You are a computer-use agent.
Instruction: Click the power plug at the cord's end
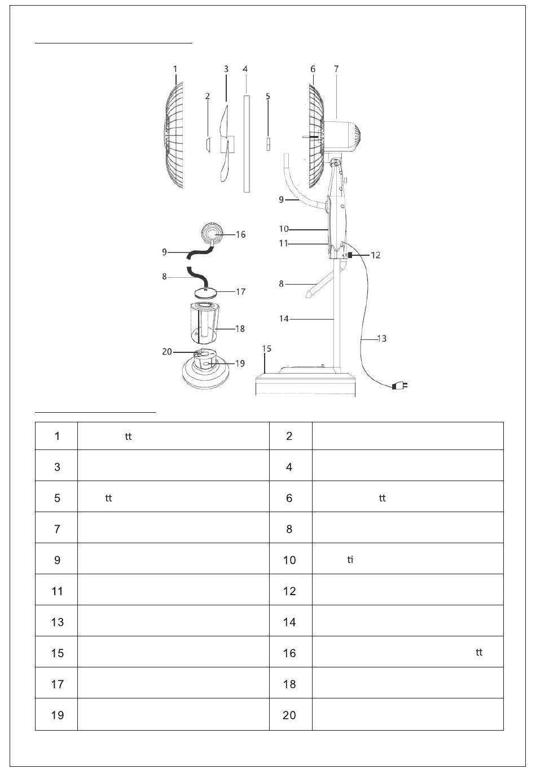(x=400, y=385)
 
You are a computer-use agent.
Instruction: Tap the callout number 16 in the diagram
(x=240, y=235)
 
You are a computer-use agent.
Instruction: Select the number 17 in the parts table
(x=57, y=684)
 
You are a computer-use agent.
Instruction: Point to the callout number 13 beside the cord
(x=382, y=339)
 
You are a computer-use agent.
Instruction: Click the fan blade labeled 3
(x=225, y=143)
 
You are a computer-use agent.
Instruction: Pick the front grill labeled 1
(x=173, y=136)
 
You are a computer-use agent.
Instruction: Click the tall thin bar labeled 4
(x=246, y=144)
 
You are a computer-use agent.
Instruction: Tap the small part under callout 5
(x=267, y=144)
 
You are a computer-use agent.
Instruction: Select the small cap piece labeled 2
(x=208, y=144)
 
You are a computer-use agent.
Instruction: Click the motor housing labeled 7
(x=341, y=136)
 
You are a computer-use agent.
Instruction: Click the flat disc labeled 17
(x=206, y=293)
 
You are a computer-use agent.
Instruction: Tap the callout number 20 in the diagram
(x=167, y=352)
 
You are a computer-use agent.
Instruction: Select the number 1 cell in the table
(x=56, y=436)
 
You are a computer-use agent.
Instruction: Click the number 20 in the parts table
(x=289, y=715)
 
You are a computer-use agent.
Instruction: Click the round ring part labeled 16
(x=212, y=234)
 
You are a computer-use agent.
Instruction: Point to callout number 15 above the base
(x=267, y=348)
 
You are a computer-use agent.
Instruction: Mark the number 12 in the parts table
(x=289, y=591)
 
